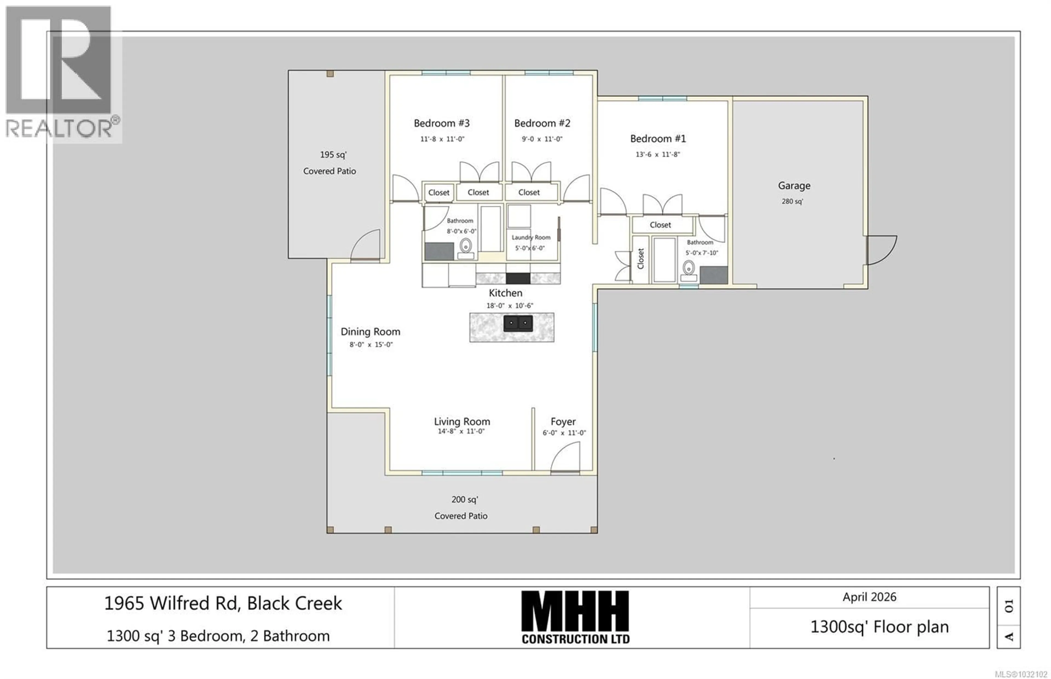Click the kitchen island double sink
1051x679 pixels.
(518, 323)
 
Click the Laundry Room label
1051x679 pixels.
(531, 238)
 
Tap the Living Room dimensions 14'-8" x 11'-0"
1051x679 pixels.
(461, 432)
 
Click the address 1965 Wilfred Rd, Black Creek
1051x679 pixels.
(223, 603)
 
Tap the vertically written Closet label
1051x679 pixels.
(640, 259)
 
